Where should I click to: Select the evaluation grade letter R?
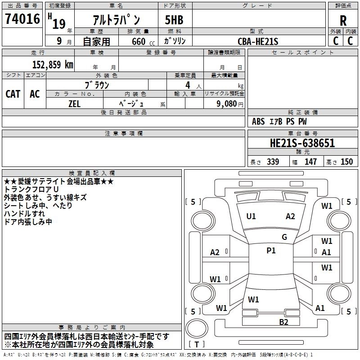click(343, 20)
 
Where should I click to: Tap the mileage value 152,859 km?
click(53, 64)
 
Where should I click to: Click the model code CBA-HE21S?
click(258, 41)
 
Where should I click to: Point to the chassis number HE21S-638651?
click(302, 144)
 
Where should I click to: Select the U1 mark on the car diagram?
click(251, 216)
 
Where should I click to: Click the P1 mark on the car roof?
click(271, 251)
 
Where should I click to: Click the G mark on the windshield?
click(284, 237)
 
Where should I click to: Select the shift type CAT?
click(13, 94)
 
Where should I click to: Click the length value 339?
click(273, 162)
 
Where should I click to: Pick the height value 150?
click(346, 162)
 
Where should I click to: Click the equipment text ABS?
click(258, 121)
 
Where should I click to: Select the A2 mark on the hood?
click(290, 216)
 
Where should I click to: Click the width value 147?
click(310, 162)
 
